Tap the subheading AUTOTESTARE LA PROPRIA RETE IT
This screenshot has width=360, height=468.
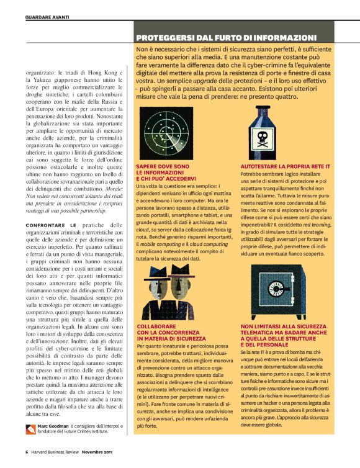click(285, 167)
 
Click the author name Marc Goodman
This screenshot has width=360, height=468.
click(53, 426)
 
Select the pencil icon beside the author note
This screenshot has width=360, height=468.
click(32, 428)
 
